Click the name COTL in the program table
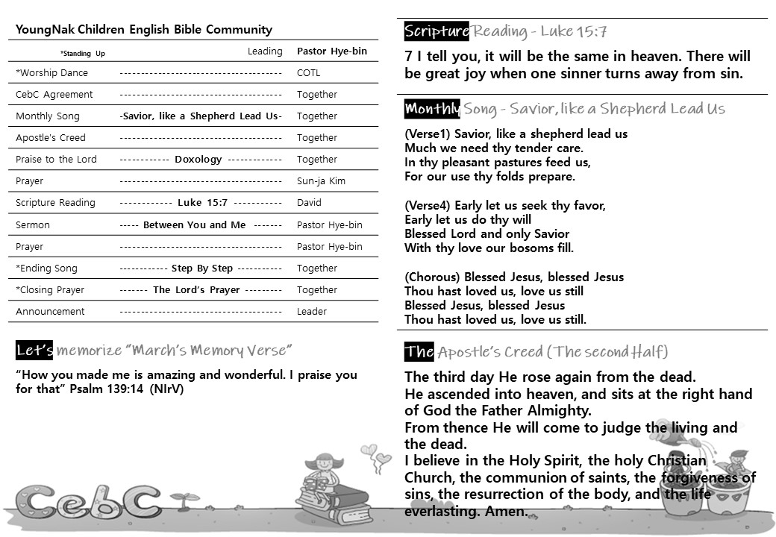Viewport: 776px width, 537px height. [x=307, y=73]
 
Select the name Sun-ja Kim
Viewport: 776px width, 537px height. [x=322, y=181]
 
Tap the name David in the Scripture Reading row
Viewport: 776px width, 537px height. [x=309, y=203]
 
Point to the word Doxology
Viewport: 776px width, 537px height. [x=198, y=160]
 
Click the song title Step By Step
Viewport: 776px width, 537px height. [x=201, y=268]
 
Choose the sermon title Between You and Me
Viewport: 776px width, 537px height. [x=194, y=225]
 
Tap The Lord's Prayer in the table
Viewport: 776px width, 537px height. [x=196, y=290]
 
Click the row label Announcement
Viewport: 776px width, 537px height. [x=50, y=312]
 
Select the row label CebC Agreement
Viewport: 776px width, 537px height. [x=54, y=95]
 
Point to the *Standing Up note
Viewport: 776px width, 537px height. [x=83, y=54]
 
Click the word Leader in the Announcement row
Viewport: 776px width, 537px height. [x=312, y=312]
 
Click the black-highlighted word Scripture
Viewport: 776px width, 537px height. [x=436, y=31]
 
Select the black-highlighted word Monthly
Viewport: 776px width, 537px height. [x=432, y=109]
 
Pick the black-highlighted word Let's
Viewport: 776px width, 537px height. [x=34, y=351]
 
